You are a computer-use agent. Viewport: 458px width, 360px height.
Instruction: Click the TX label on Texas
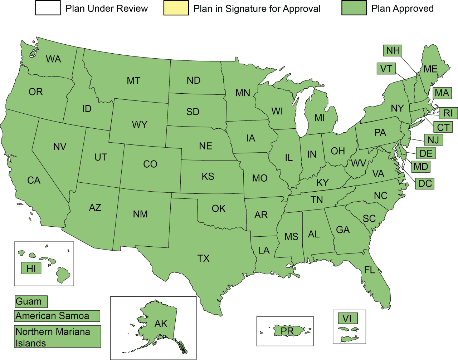pyautogui.click(x=204, y=258)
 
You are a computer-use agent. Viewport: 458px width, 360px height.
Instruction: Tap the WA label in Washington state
pyautogui.click(x=53, y=59)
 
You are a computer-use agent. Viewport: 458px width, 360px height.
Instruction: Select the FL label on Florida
pyautogui.click(x=370, y=270)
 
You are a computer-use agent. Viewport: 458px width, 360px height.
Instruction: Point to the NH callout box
pyautogui.click(x=393, y=50)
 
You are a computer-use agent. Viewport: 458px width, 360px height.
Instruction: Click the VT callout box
pyautogui.click(x=386, y=69)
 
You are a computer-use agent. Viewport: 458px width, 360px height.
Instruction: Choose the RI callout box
pyautogui.click(x=448, y=113)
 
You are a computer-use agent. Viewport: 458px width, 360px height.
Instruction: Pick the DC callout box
pyautogui.click(x=425, y=184)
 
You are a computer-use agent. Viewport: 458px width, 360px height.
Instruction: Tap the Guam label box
pyautogui.click(x=31, y=301)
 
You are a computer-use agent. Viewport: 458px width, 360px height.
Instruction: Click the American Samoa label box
pyautogui.click(x=57, y=316)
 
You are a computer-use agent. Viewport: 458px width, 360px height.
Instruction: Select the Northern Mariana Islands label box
pyautogui.click(x=57, y=337)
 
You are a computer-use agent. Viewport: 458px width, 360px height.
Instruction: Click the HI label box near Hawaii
pyautogui.click(x=31, y=268)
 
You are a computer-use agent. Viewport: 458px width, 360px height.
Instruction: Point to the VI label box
pyautogui.click(x=347, y=319)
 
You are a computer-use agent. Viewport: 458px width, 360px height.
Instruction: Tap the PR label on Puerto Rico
pyautogui.click(x=287, y=331)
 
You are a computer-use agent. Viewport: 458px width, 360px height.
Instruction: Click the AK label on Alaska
pyautogui.click(x=161, y=324)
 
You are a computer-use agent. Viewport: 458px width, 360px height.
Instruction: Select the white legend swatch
pyautogui.click(x=48, y=8)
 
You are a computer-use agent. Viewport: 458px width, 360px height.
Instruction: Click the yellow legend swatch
pyautogui.click(x=176, y=8)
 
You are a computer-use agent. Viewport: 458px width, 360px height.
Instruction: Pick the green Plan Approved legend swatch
pyautogui.click(x=354, y=8)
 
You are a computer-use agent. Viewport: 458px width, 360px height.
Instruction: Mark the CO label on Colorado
pyautogui.click(x=150, y=164)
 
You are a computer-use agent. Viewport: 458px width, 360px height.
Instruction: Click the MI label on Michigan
pyautogui.click(x=320, y=118)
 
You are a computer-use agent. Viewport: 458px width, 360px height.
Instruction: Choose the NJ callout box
pyautogui.click(x=433, y=140)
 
